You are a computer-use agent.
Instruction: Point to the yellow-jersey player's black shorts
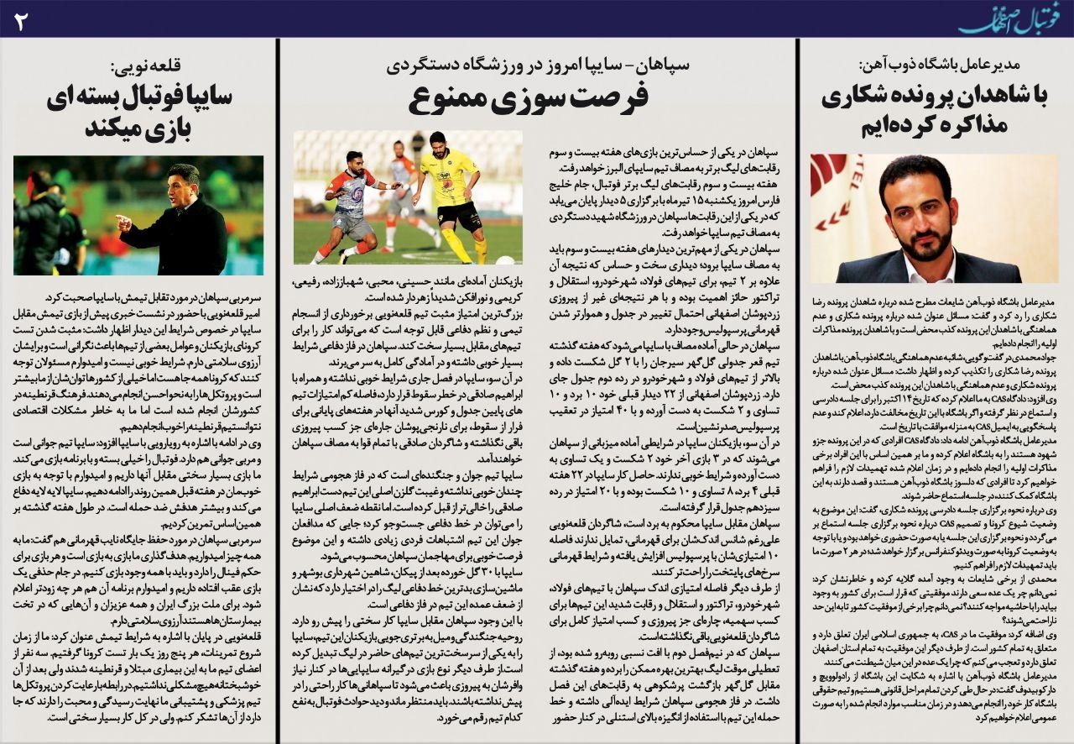(x=460, y=217)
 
